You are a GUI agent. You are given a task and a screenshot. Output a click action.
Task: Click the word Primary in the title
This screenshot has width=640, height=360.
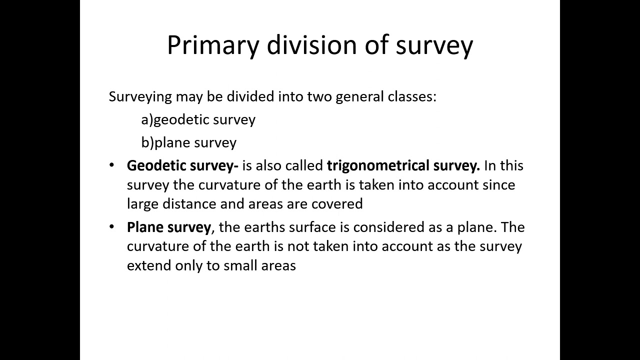[213, 45]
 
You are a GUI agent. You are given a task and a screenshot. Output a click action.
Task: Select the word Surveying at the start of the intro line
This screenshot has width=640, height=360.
[140, 96]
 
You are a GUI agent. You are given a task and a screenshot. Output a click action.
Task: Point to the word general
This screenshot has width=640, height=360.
[360, 96]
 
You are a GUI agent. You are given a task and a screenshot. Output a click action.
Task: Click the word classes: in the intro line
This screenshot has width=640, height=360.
[412, 96]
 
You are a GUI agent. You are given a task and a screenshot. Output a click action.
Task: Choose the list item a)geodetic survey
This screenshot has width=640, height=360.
[198, 120]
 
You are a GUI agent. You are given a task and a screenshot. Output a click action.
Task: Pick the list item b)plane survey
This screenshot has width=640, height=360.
[189, 143]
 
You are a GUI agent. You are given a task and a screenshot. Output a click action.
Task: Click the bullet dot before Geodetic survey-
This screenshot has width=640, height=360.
[111, 165]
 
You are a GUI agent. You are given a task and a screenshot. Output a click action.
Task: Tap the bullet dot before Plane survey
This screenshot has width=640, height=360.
[111, 227]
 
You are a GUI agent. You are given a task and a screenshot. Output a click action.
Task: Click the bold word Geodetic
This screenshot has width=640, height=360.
[152, 165]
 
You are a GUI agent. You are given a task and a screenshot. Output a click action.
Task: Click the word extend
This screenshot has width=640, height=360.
[149, 265]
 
